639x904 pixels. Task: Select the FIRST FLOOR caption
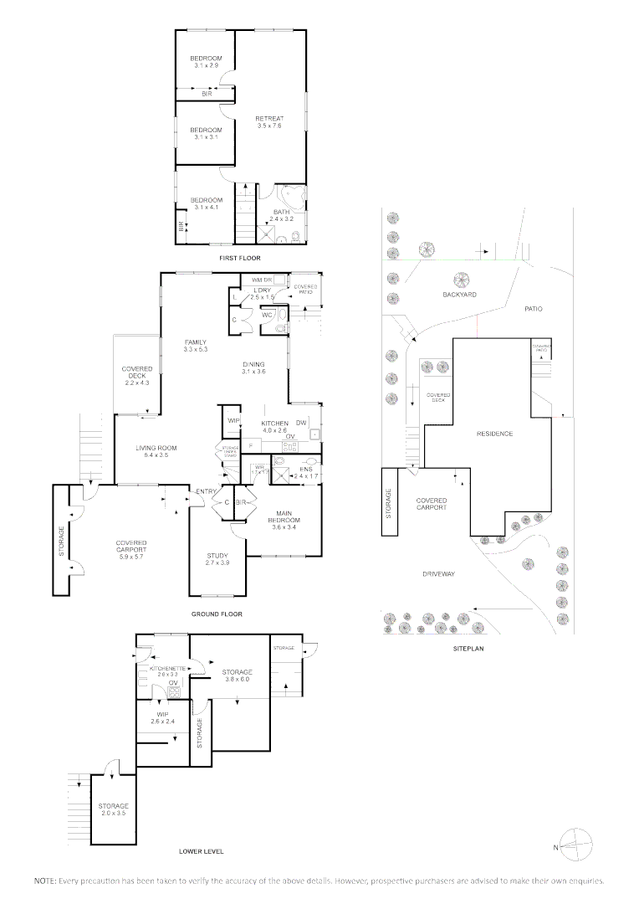(x=240, y=259)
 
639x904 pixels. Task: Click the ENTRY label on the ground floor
(x=206, y=491)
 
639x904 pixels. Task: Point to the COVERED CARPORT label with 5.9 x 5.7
(x=131, y=547)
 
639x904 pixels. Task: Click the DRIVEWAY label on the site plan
(x=438, y=574)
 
